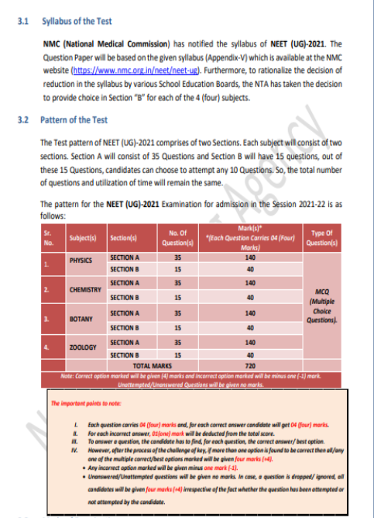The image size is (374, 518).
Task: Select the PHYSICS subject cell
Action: [81, 262]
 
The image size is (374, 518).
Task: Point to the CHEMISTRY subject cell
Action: [84, 289]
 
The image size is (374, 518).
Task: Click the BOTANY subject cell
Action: [81, 318]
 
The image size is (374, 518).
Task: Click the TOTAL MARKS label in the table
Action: [152, 364]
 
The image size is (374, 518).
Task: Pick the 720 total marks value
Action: [249, 364]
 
